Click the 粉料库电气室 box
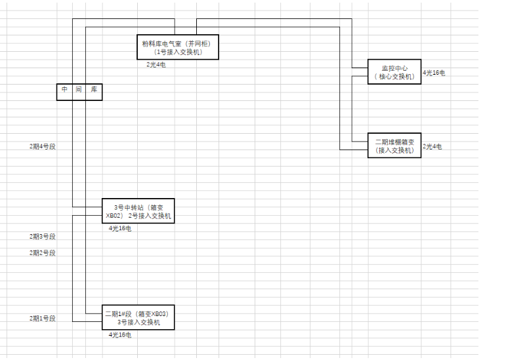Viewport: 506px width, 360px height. coord(177,47)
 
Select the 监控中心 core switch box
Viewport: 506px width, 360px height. coord(394,72)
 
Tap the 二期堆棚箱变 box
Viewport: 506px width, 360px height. coord(394,146)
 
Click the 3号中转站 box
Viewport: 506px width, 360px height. coord(138,210)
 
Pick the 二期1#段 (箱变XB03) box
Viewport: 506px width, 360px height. coord(138,318)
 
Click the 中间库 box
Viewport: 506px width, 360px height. coord(79,92)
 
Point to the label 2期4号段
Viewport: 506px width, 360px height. coord(42,146)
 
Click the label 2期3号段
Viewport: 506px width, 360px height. coord(42,236)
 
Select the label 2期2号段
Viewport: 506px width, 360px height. coord(42,252)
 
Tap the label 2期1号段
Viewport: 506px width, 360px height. coord(42,318)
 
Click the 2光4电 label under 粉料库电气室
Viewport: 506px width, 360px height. coord(156,64)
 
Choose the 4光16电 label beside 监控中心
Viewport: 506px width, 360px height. coord(434,72)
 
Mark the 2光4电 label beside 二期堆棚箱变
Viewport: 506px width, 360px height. coord(432,147)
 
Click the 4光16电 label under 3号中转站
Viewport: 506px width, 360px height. coord(120,228)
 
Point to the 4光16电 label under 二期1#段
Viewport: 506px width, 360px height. coord(120,335)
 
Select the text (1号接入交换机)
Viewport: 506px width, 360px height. coord(178,52)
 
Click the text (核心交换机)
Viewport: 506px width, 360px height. coord(394,77)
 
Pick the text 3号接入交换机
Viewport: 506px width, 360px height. coord(139,323)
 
